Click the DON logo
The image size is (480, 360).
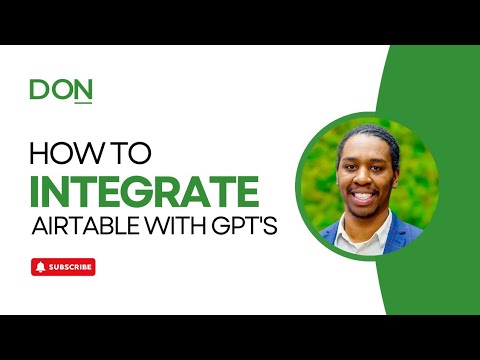pyautogui.click(x=61, y=90)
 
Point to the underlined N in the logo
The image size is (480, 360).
pyautogui.click(x=83, y=91)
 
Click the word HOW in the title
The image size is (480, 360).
pyautogui.click(x=64, y=154)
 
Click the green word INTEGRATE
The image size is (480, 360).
pyautogui.click(x=145, y=190)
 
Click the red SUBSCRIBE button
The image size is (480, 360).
pyautogui.click(x=63, y=267)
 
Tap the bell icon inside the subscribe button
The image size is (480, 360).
pyautogui.click(x=40, y=267)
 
